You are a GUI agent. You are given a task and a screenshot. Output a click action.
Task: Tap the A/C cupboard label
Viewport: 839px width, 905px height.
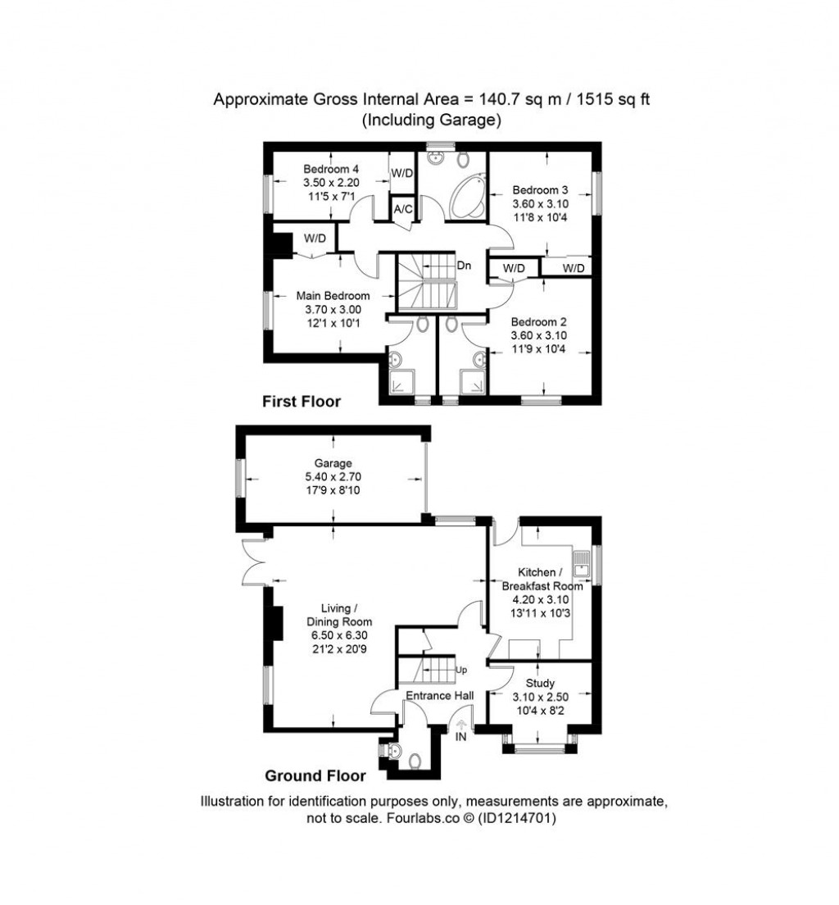click(x=402, y=209)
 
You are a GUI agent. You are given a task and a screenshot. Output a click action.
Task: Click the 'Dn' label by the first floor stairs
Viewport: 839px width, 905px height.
click(x=465, y=266)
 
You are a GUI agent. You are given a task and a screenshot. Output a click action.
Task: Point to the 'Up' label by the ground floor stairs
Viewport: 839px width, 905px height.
click(x=461, y=670)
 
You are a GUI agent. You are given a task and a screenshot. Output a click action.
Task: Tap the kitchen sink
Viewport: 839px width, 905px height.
click(x=583, y=562)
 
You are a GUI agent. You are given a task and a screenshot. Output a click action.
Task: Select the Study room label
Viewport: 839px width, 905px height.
click(x=540, y=683)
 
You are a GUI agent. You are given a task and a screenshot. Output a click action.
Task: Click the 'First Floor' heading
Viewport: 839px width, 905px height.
click(x=301, y=402)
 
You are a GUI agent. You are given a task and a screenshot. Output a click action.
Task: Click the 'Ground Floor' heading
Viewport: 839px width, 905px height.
click(x=315, y=775)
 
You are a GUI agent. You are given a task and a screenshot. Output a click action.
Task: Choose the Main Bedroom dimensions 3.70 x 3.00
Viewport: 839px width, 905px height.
click(x=332, y=309)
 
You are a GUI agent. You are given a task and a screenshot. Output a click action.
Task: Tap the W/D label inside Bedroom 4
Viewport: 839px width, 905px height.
click(x=401, y=173)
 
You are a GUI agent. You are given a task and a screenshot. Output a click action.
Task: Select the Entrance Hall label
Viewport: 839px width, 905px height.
click(x=440, y=696)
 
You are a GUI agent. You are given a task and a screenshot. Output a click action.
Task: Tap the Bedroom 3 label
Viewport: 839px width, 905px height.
click(x=540, y=189)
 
